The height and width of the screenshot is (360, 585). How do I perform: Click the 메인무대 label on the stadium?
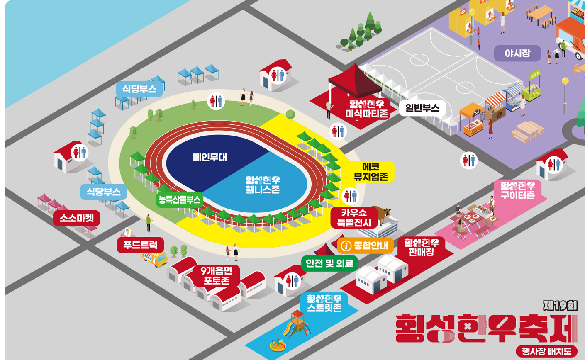pos(210,158)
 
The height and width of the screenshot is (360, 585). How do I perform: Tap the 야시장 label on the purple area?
pos(517,54)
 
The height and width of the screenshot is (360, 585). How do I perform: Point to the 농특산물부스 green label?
pos(179,200)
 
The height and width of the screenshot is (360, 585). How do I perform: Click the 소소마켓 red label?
pos(77,218)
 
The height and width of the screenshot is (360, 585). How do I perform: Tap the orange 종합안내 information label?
pos(365,246)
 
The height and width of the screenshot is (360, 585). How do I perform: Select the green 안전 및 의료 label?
pos(329,263)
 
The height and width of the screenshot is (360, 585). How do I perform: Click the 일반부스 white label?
pos(422,108)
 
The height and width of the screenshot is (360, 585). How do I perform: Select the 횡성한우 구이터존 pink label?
pos(517,190)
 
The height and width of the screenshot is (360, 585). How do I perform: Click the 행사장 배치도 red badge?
pos(546,352)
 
